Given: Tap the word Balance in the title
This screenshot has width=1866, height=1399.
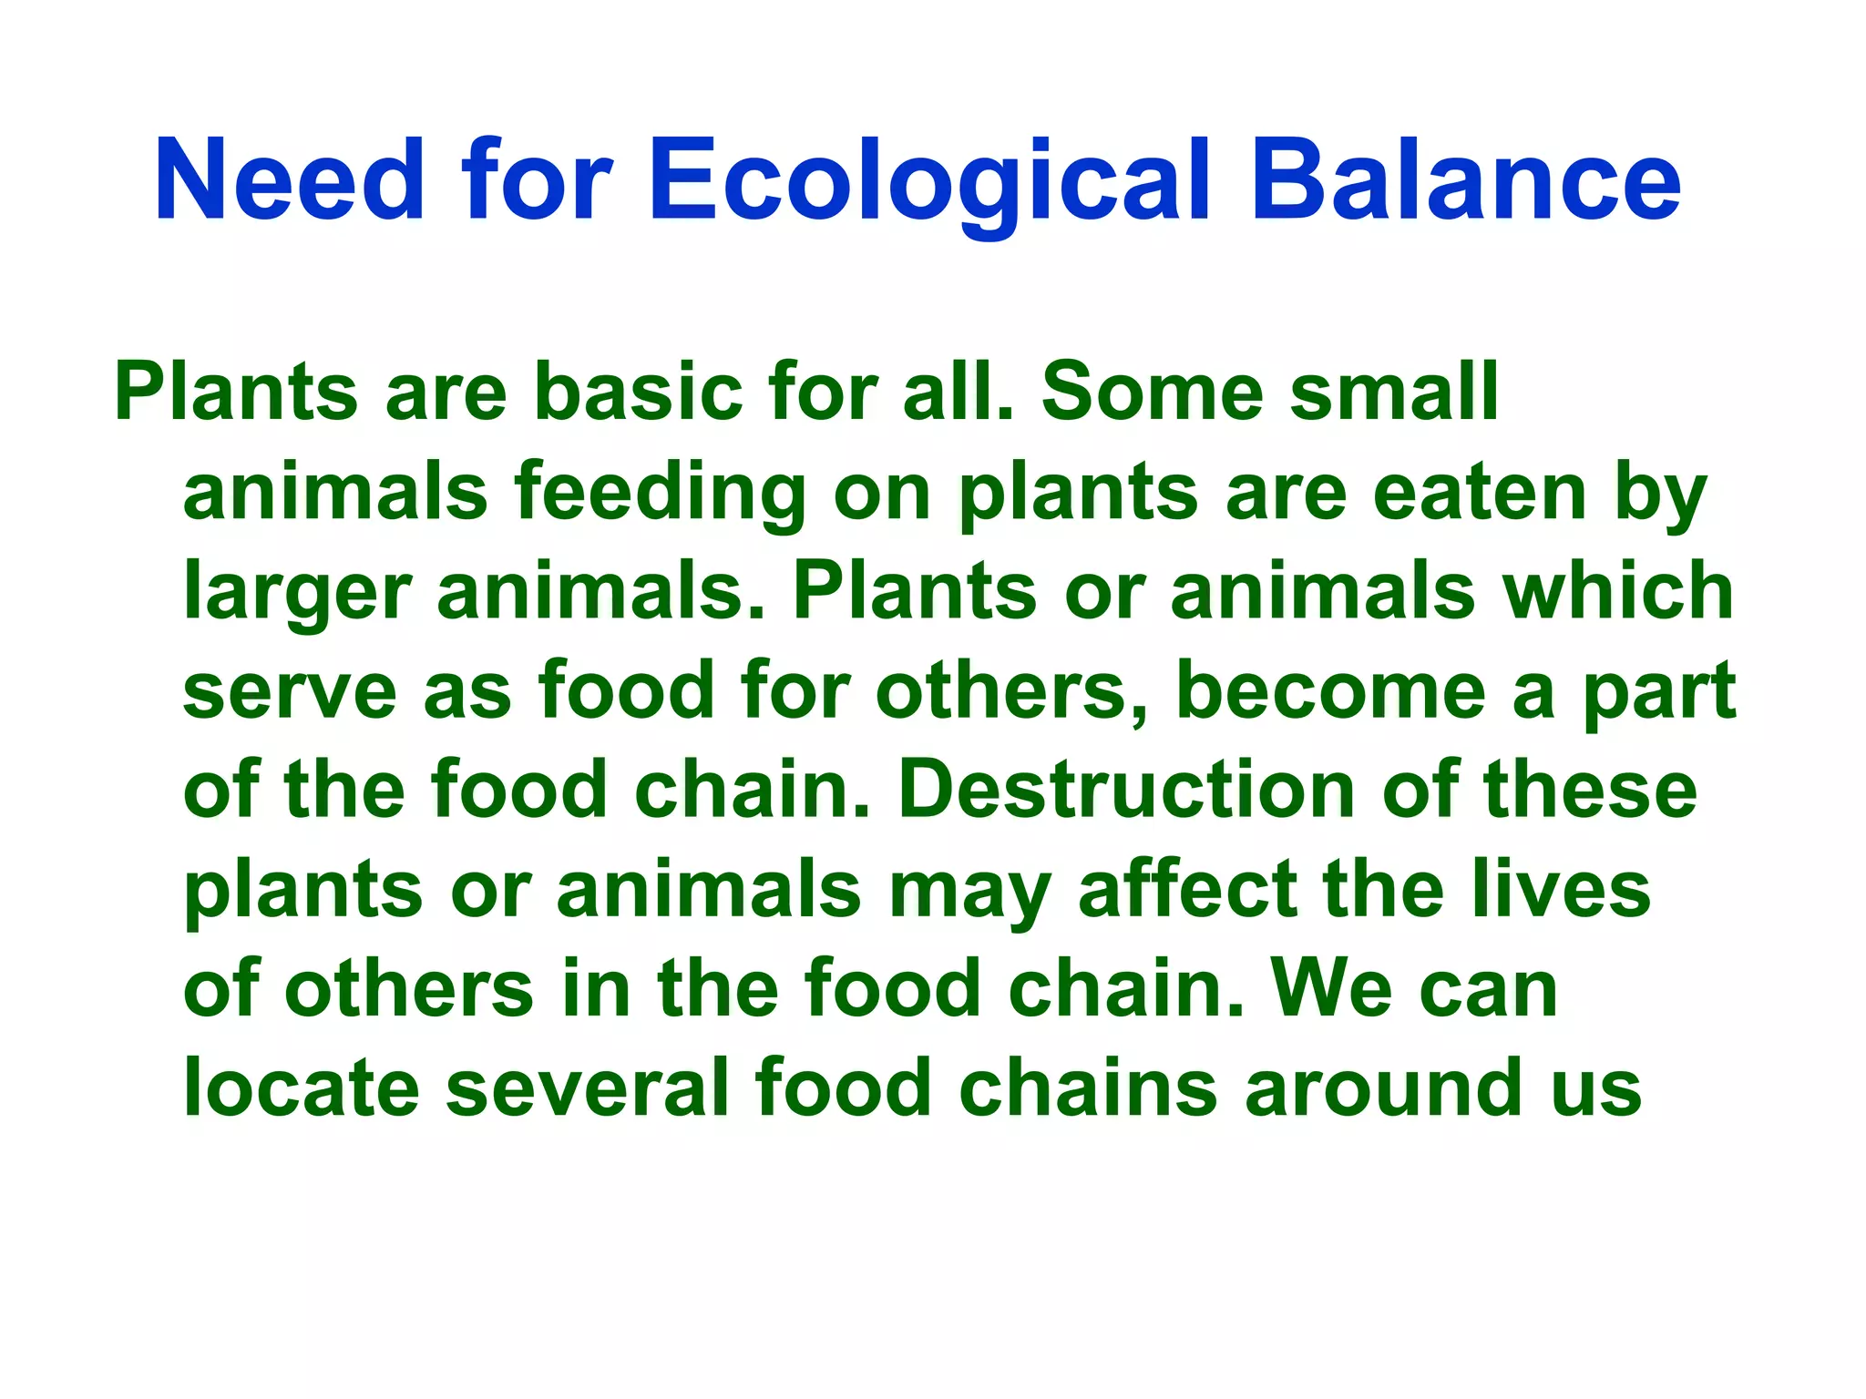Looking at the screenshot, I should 1466,179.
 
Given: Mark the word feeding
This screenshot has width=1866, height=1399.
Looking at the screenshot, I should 660,493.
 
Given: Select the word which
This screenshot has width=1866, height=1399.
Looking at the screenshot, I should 1618,592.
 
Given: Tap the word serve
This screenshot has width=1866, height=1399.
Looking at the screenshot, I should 290,691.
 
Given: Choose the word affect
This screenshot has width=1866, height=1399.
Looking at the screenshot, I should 1185,890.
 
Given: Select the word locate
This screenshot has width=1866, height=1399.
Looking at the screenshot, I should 301,1088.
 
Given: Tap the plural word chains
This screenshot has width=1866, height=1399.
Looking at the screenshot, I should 1088,1088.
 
